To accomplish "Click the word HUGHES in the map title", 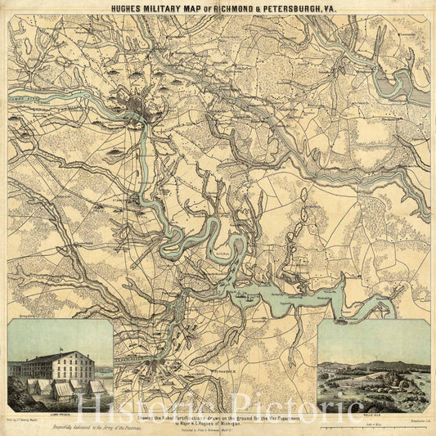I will coord(130,8).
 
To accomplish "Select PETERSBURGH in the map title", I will coord(295,8).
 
